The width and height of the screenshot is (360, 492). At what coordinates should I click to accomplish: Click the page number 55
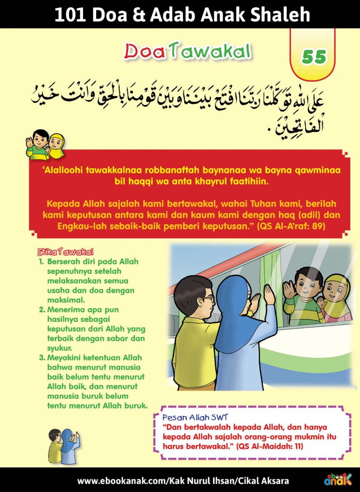click(314, 57)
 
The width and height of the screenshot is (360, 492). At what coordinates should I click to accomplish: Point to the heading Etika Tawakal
click(65, 252)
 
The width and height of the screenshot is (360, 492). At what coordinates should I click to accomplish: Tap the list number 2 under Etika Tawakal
click(42, 310)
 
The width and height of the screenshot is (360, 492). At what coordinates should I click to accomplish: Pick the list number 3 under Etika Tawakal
click(42, 358)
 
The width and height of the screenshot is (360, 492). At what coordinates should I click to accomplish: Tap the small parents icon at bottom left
click(63, 446)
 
